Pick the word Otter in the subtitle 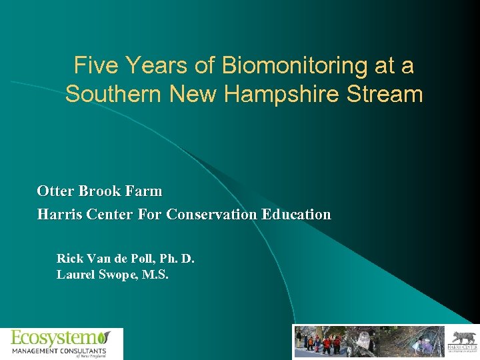pos(55,191)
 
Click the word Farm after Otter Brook pos(143,191)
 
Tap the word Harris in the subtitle pos(59,215)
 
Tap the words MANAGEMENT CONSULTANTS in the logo pos(59,350)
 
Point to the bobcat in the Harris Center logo pos(461,337)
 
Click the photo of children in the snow pos(320,341)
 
